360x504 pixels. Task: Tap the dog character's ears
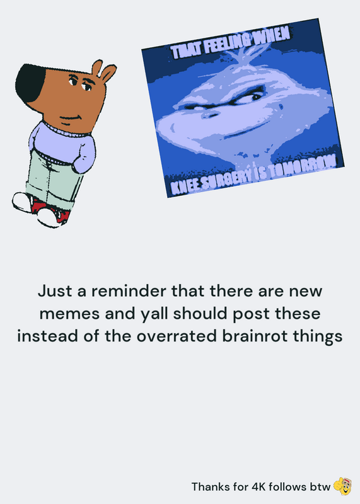[103, 71]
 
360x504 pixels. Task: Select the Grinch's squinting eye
[252, 96]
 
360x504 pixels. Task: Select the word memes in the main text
[69, 314]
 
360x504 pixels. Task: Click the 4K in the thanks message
[258, 486]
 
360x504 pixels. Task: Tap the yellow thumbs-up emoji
[342, 486]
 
